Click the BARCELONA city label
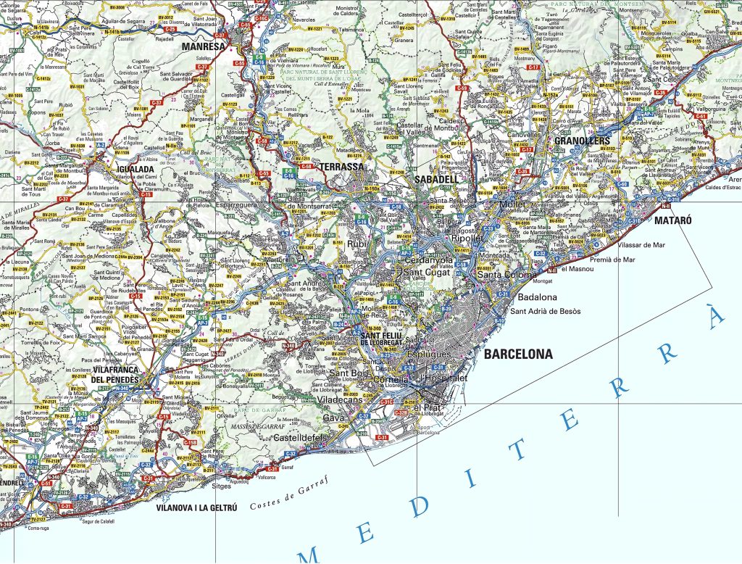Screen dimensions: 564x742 click(517, 354)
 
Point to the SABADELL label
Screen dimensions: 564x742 click(436, 179)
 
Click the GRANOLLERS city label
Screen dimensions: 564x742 click(583, 141)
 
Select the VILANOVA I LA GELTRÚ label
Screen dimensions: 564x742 click(196, 508)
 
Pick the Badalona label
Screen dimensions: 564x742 click(537, 297)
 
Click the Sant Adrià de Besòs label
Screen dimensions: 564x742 click(546, 311)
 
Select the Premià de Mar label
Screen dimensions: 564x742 click(612, 259)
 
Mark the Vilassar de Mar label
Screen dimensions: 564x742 click(638, 245)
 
